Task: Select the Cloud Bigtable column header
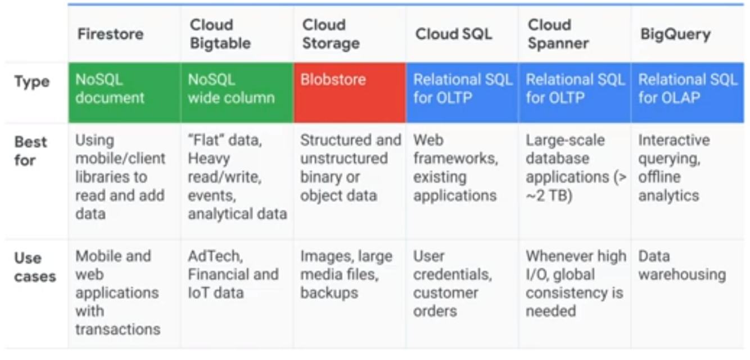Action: [x=220, y=34]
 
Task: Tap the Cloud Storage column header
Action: [x=331, y=34]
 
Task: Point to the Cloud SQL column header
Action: [x=453, y=34]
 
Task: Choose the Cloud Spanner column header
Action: [x=558, y=34]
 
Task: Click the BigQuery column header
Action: [x=675, y=34]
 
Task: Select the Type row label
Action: [x=32, y=82]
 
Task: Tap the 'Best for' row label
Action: [x=31, y=151]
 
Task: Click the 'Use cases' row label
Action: [x=35, y=267]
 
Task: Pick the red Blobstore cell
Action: [x=349, y=92]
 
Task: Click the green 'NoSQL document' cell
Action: [x=124, y=92]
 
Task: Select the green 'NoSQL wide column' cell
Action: [x=237, y=92]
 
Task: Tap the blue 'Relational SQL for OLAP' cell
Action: [x=687, y=92]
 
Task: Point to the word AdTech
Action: [x=215, y=256]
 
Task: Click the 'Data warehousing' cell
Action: [x=681, y=265]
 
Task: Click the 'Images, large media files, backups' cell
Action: [x=346, y=274]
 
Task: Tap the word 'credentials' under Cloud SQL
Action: [x=452, y=274]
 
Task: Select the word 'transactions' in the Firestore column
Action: [x=118, y=329]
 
